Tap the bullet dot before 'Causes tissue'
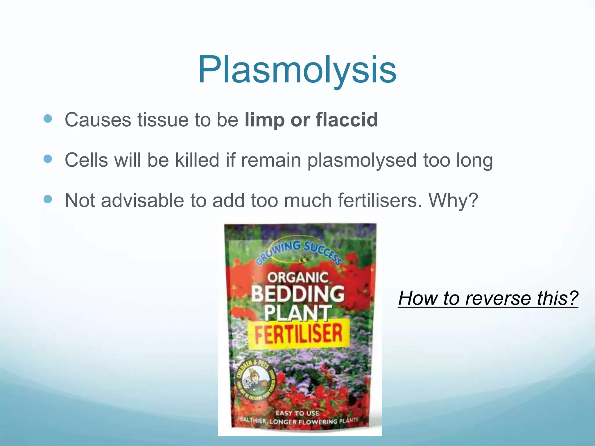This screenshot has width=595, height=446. click(48, 118)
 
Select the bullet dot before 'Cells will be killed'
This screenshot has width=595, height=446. click(48, 159)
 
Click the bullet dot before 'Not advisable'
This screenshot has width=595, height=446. click(48, 199)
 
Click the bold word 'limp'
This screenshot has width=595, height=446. click(264, 120)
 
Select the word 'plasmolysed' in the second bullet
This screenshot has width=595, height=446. click(362, 161)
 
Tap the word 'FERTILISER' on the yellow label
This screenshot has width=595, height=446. click(298, 334)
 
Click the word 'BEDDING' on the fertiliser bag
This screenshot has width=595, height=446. click(297, 294)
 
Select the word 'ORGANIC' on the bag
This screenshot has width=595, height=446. click(297, 277)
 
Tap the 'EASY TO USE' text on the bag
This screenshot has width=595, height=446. click(297, 413)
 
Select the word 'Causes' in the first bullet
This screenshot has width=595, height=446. click(98, 120)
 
